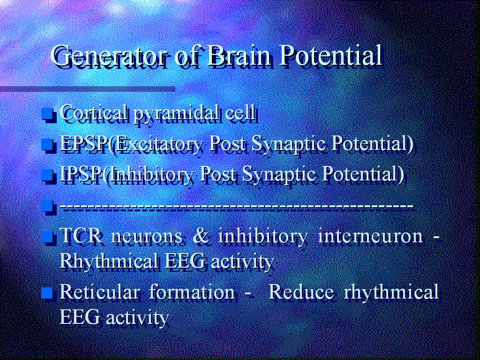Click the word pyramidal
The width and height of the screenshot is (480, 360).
177,113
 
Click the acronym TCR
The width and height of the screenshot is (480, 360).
81,236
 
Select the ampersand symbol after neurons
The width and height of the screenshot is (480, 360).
201,236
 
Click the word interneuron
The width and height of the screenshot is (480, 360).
370,236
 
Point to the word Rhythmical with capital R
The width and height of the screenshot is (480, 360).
109,262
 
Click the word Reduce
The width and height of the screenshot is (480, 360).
300,292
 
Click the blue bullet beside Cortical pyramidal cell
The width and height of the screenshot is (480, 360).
48,114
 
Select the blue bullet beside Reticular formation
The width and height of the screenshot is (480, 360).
48,292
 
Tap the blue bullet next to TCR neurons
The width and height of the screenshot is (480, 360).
48,237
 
